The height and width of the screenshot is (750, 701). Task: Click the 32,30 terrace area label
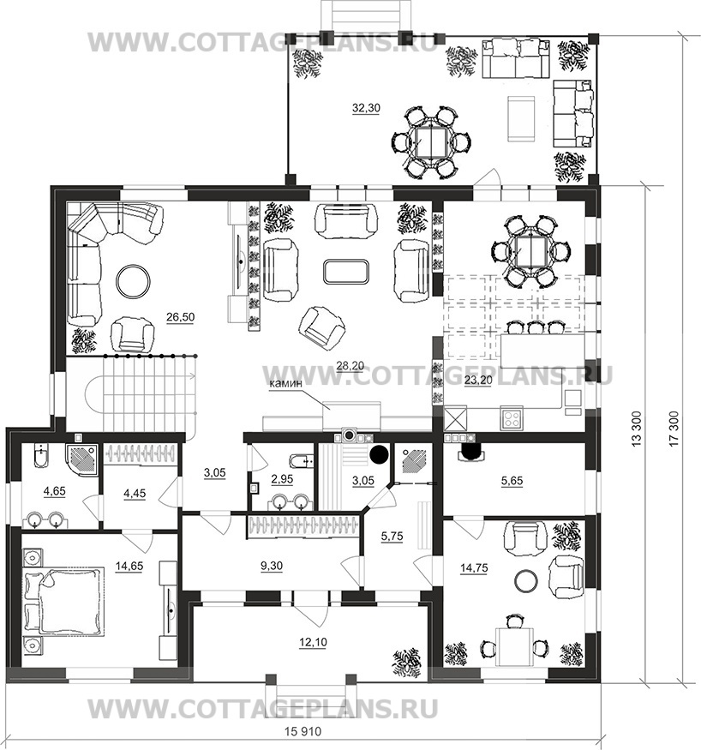(x=366, y=108)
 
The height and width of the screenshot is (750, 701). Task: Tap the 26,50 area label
(x=180, y=316)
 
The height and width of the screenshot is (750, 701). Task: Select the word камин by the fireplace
(x=286, y=384)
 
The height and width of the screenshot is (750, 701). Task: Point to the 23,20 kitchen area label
(x=478, y=381)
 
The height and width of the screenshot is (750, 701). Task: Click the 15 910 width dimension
(x=303, y=732)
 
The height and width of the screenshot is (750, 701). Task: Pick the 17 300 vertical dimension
(x=674, y=429)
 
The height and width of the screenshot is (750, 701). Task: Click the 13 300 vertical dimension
(x=636, y=429)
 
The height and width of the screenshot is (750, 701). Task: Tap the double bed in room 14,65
(x=64, y=601)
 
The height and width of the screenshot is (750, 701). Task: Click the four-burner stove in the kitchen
(x=511, y=418)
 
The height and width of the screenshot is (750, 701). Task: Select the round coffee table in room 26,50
(x=134, y=281)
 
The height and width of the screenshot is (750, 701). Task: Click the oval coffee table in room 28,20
(x=345, y=271)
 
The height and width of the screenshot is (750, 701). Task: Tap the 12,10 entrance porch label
(x=313, y=642)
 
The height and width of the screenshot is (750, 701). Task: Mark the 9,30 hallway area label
(x=272, y=566)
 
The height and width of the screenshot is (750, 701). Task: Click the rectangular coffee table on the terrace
(x=521, y=118)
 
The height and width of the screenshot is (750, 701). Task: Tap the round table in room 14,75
(x=526, y=579)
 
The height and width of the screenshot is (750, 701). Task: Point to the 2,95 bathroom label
(x=282, y=479)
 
